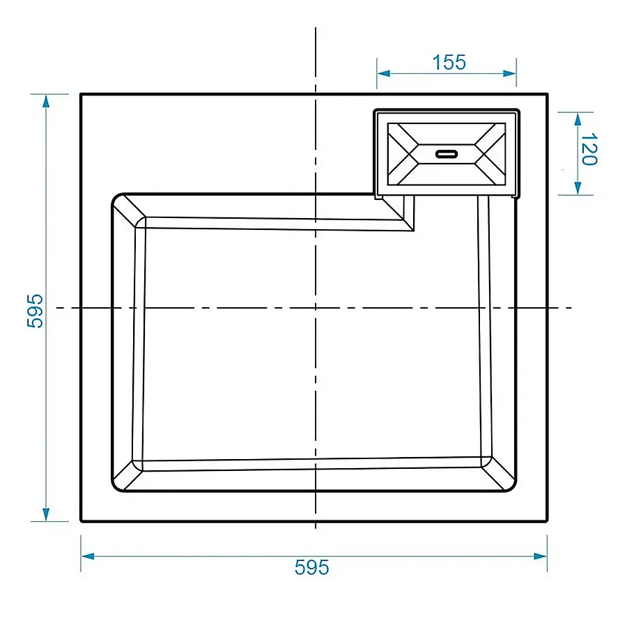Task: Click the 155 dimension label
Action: click(x=449, y=63)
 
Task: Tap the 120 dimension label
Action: click(x=589, y=149)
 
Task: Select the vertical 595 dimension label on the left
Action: click(x=35, y=311)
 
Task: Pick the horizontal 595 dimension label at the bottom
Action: click(x=312, y=567)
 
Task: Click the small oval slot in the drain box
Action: click(x=447, y=154)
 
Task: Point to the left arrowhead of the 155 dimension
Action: click(x=383, y=73)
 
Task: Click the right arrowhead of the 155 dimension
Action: click(x=509, y=73)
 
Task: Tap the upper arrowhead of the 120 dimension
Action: click(x=578, y=120)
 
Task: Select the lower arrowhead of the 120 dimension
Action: click(x=578, y=188)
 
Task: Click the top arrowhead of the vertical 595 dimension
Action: click(x=46, y=102)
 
